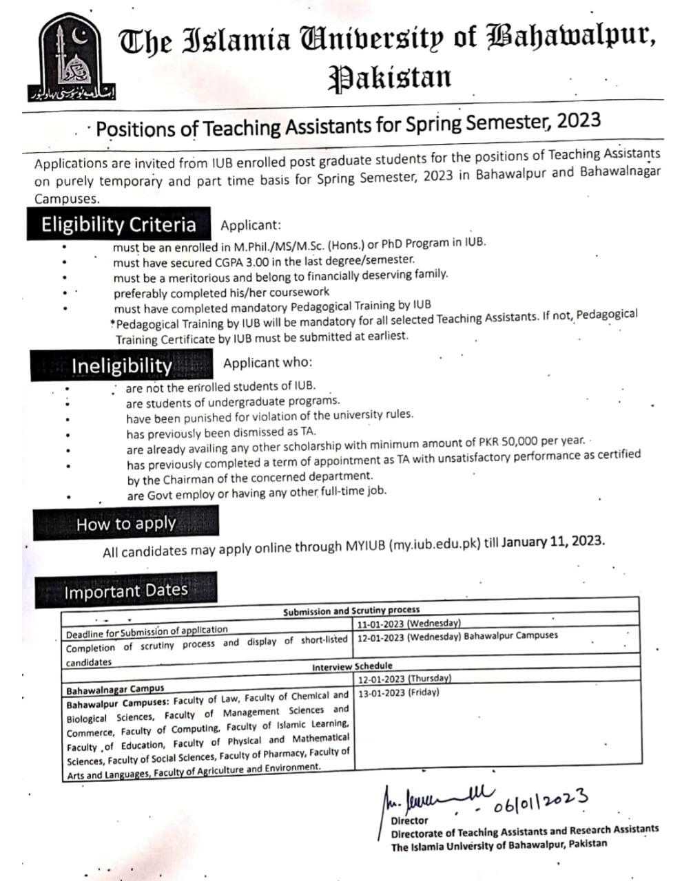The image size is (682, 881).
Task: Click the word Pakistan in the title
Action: pos(389,78)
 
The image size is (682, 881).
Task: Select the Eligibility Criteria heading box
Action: pos(118,225)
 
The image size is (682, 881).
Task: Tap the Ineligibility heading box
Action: pos(122,366)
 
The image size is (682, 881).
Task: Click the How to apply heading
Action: pos(126,524)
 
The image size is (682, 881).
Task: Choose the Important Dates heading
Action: pos(125,591)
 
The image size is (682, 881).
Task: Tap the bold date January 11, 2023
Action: pos(553,541)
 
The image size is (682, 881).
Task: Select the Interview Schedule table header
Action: pos(352,666)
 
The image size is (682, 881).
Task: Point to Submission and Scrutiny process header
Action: pos(351,611)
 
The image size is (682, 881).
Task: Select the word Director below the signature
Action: pos(409,820)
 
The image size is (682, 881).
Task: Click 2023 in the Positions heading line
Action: pos(579,121)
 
